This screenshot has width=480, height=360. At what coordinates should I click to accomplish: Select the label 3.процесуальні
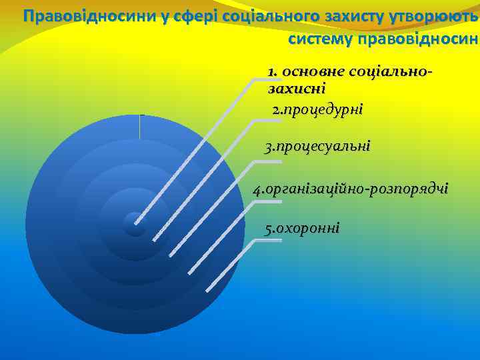click(317, 147)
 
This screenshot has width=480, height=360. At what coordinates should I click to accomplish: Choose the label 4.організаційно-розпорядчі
click(351, 189)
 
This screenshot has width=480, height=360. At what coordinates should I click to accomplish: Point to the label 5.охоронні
click(302, 229)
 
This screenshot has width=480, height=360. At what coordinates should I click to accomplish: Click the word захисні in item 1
click(296, 88)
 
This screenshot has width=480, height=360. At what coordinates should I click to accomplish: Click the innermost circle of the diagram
click(135, 224)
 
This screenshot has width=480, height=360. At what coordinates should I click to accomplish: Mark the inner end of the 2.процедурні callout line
click(155, 239)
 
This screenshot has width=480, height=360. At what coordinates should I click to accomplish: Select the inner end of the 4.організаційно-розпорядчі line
click(190, 272)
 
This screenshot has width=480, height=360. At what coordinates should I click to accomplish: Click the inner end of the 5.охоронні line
click(208, 289)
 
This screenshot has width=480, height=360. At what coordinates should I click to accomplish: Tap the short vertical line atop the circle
click(140, 127)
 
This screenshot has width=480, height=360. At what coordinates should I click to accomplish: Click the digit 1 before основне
click(271, 71)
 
